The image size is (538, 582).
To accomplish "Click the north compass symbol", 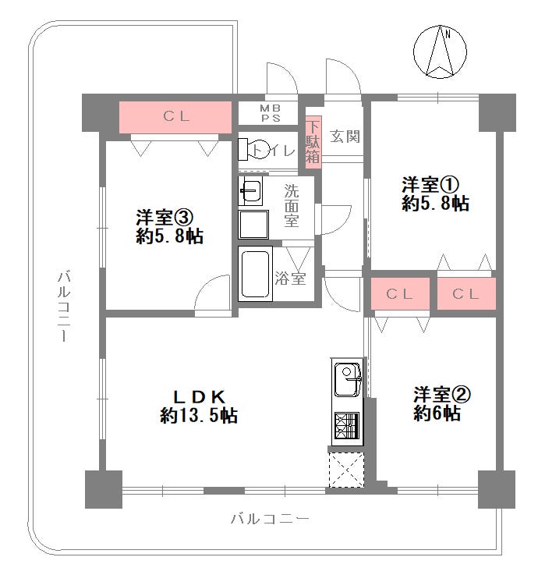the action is click(440, 51).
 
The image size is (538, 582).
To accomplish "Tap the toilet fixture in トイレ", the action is click(253, 149).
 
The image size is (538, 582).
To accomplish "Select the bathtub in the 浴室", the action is click(255, 275).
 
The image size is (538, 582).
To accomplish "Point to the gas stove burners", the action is click(347, 426).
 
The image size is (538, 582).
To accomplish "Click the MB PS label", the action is click(271, 113).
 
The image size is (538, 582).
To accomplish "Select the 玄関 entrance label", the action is click(345, 137).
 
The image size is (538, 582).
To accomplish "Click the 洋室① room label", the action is click(430, 184).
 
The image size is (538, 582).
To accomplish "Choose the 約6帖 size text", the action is click(437, 413).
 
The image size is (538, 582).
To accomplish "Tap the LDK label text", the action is click(200, 398).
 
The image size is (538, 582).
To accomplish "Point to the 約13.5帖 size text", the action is click(199, 415).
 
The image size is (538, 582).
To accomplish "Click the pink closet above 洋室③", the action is click(175, 117).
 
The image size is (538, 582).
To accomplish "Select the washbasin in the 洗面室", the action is click(250, 191).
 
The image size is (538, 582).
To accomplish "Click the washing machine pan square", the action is click(253, 225).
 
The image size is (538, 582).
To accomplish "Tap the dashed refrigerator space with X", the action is click(346, 470).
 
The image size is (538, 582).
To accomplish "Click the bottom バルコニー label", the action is click(270, 519).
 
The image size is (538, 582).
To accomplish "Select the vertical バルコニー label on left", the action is click(64, 307).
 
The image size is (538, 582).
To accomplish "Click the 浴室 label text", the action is click(290, 278).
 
